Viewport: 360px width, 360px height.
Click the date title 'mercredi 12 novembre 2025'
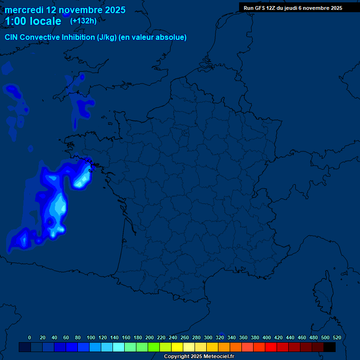click(x=65, y=10)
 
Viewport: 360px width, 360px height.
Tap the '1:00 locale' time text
click(x=33, y=21)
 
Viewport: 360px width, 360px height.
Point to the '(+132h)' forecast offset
click(x=83, y=21)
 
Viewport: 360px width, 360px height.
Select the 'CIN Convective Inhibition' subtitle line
click(x=96, y=37)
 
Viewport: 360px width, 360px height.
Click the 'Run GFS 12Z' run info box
click(x=292, y=8)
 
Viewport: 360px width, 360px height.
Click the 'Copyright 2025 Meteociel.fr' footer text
click(x=199, y=357)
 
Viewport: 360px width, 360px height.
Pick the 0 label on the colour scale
click(x=30, y=337)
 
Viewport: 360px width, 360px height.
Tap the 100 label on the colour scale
click(x=90, y=337)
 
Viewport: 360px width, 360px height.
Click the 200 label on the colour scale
click(x=150, y=337)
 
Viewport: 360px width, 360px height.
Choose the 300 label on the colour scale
click(x=208, y=337)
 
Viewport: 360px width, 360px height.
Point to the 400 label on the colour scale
click(x=267, y=337)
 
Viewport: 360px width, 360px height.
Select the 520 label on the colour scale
click(x=337, y=337)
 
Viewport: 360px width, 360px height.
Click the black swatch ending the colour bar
click(x=330, y=347)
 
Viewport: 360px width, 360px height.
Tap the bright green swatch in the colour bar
click(x=154, y=347)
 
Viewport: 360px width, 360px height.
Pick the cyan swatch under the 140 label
click(x=119, y=347)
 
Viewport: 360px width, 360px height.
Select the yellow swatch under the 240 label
click(x=177, y=347)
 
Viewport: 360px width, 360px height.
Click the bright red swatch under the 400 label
click(x=271, y=347)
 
